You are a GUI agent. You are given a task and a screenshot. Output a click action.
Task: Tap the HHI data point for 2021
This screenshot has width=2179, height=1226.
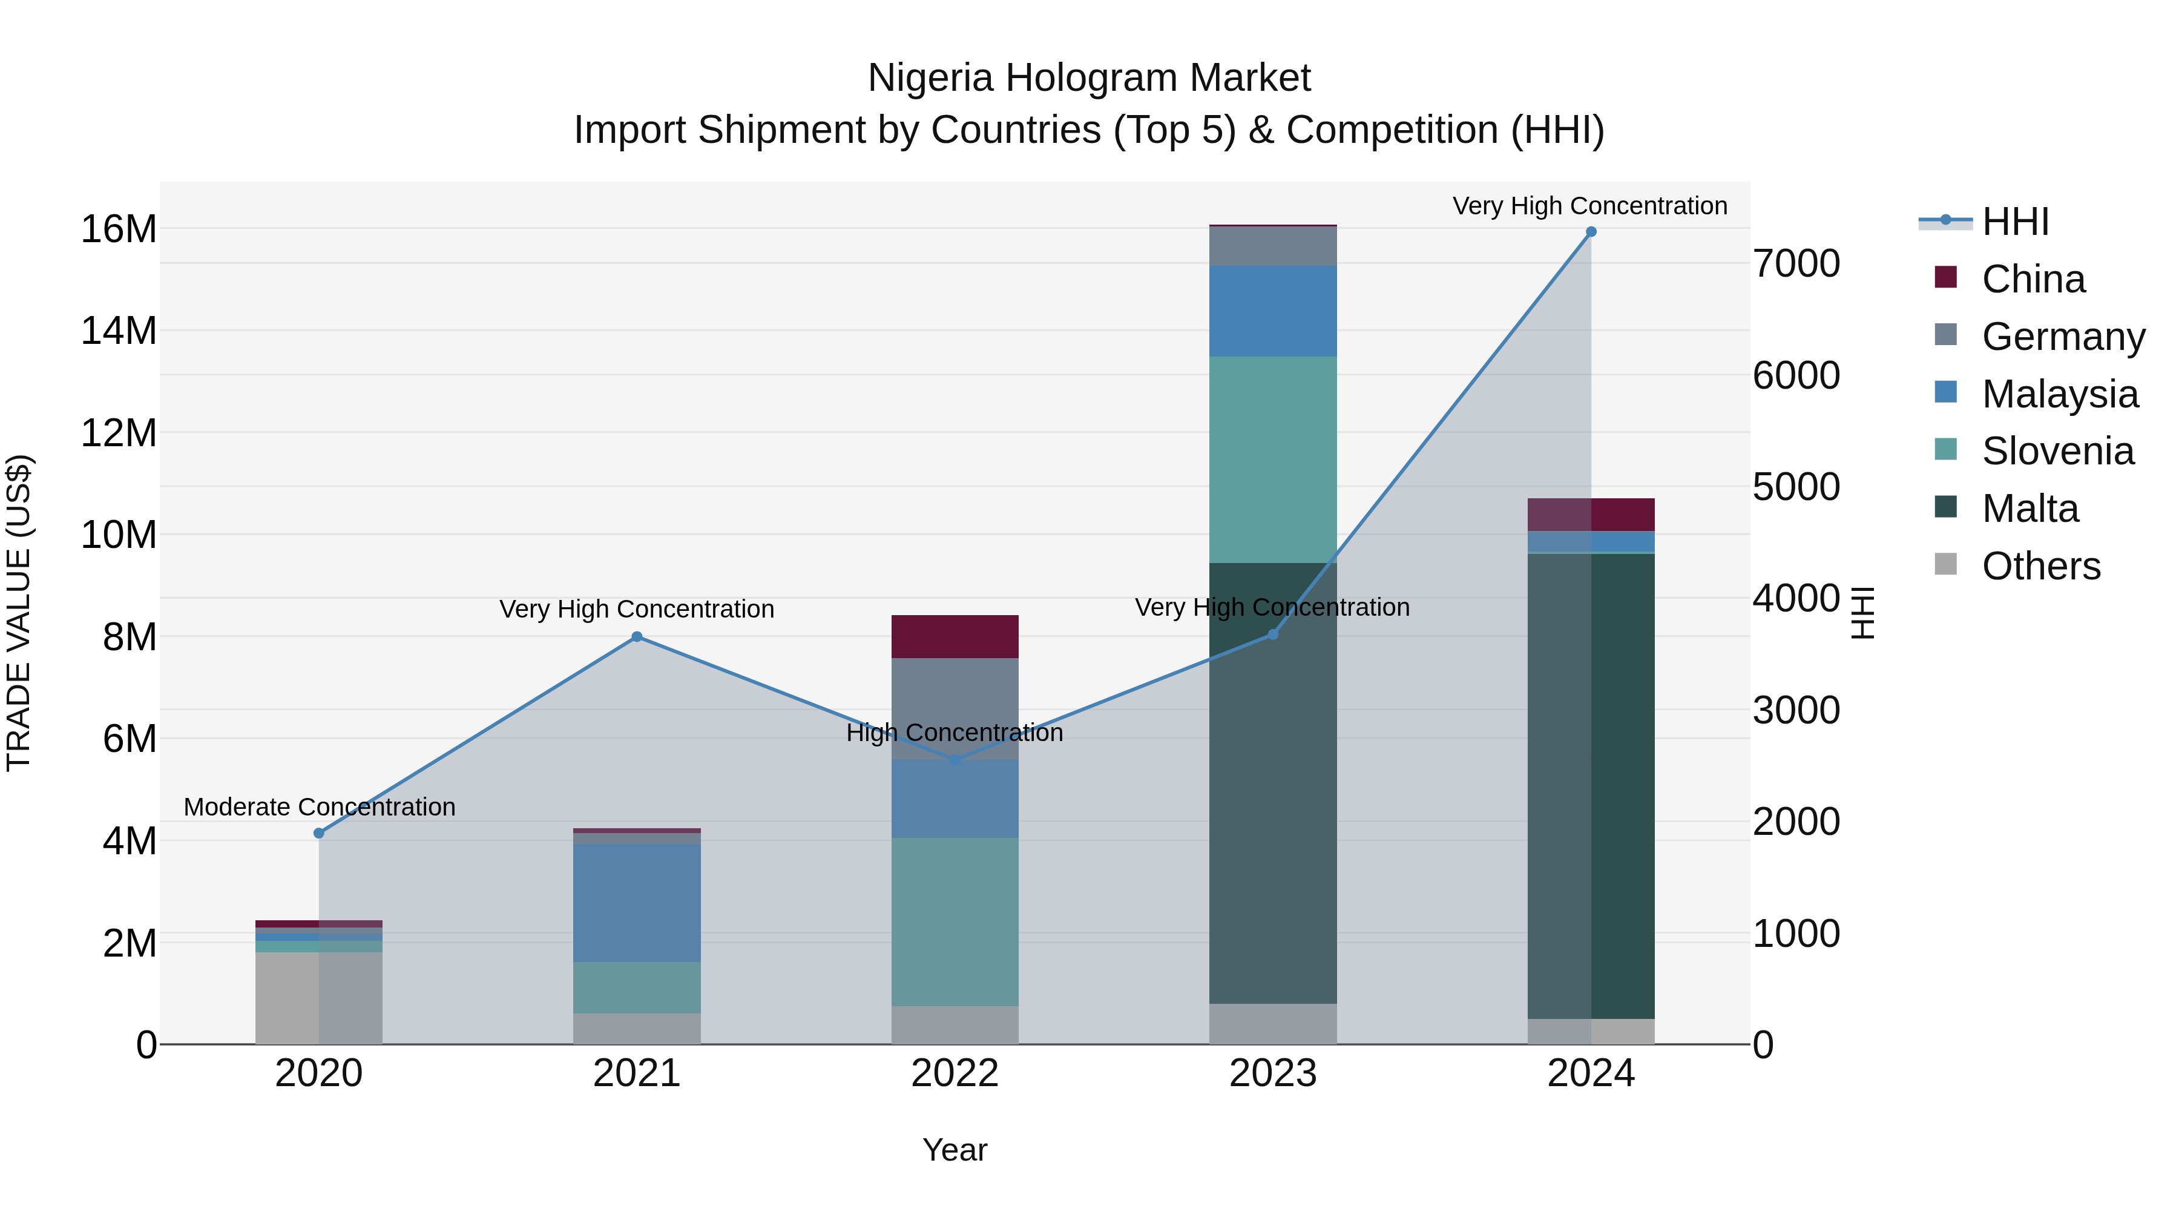pos(637,637)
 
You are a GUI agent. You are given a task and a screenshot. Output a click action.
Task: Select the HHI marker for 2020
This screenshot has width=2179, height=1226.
pos(319,834)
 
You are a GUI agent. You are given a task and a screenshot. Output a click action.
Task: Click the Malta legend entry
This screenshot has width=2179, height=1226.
pos(2029,509)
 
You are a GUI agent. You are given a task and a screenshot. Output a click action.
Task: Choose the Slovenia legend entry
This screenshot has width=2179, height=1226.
pos(2057,451)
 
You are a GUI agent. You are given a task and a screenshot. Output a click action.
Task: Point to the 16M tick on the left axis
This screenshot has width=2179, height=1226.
pos(119,229)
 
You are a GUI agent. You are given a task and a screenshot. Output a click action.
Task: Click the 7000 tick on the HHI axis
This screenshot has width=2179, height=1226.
pos(1796,264)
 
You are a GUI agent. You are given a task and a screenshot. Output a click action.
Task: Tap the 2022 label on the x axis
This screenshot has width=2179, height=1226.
pos(955,1073)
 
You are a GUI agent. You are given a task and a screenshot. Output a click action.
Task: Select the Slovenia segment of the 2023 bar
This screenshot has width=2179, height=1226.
pos(1273,460)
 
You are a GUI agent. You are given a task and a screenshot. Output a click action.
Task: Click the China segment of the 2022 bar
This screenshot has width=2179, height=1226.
pos(955,636)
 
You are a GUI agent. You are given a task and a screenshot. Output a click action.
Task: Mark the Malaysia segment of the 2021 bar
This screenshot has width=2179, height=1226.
pos(637,903)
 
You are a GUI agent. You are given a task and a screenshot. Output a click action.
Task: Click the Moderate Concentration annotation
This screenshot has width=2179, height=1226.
pos(320,807)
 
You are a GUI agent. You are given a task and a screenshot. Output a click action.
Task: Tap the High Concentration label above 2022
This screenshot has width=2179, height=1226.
pos(955,733)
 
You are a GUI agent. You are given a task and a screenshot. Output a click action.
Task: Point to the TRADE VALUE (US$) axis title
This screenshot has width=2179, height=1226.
pos(19,613)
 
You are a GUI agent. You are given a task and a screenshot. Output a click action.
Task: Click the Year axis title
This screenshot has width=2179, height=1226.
pos(955,1150)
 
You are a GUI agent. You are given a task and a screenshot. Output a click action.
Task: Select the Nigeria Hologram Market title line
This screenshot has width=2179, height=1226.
pos(1089,78)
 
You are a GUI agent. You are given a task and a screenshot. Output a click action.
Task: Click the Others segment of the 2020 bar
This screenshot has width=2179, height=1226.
pos(319,998)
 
